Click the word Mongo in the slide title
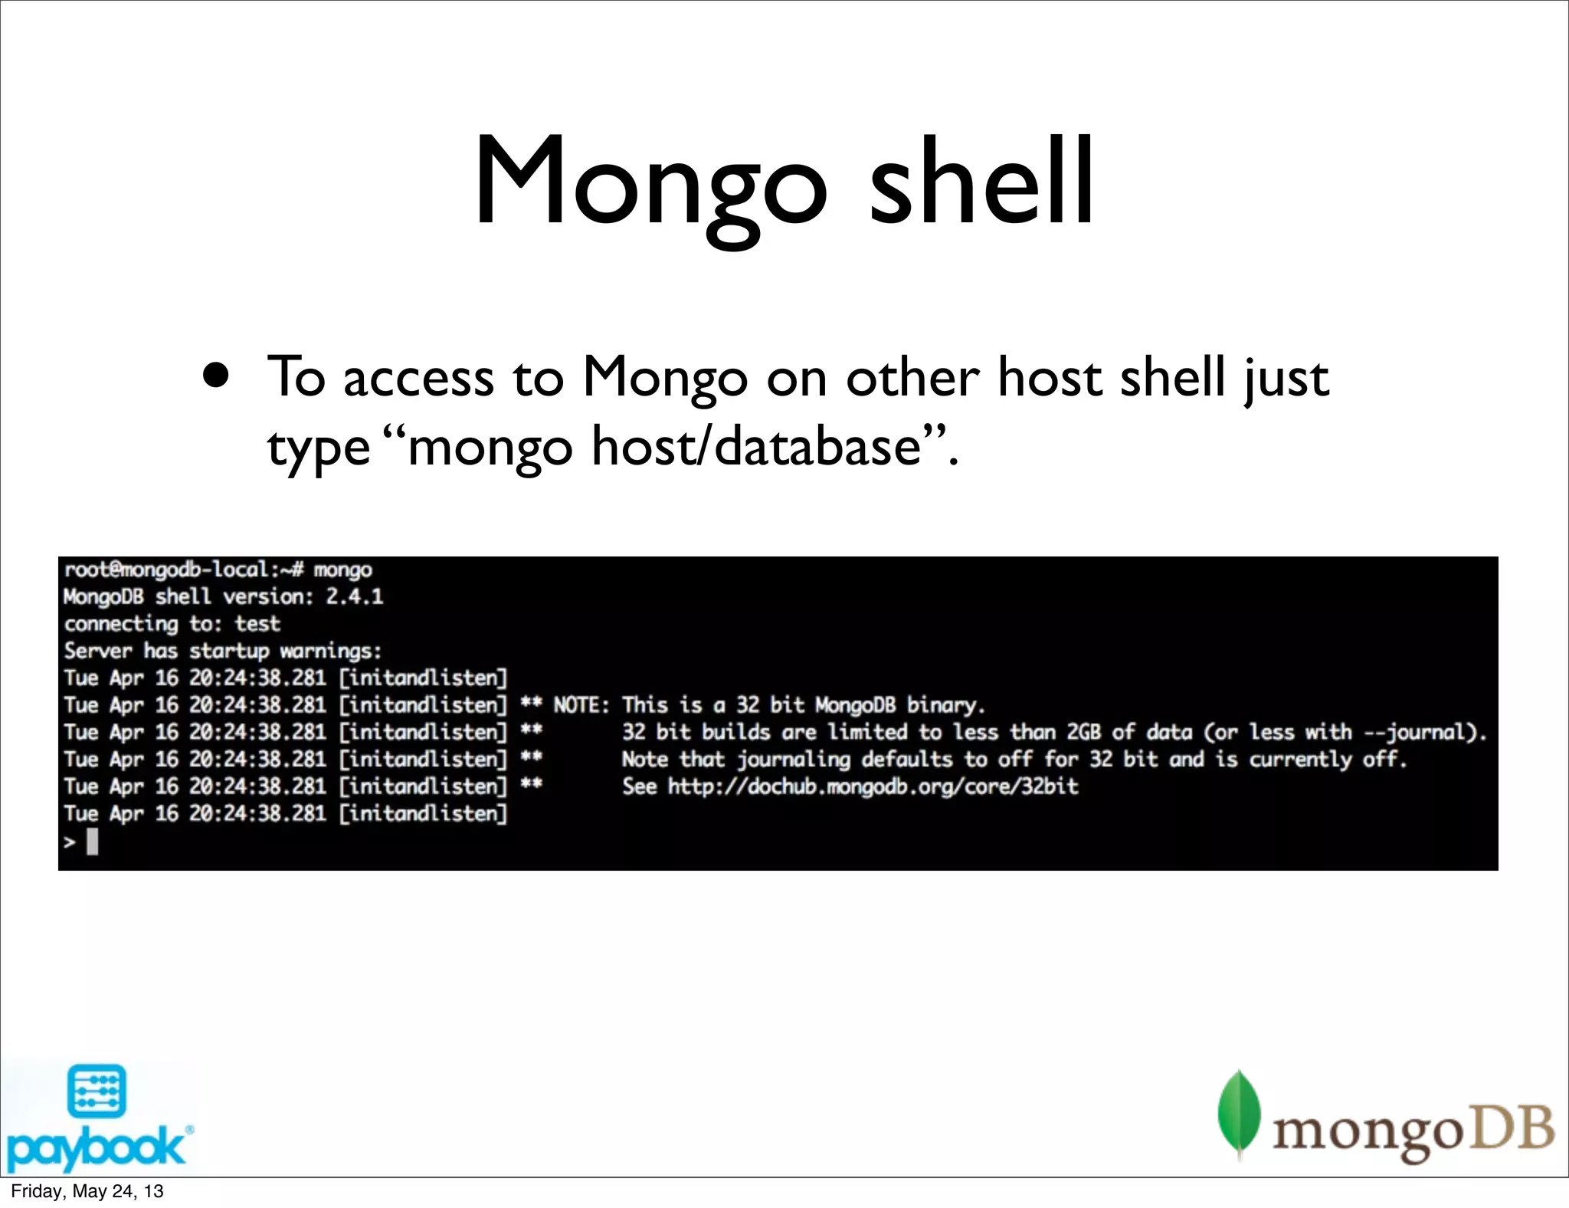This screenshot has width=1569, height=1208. pyautogui.click(x=650, y=184)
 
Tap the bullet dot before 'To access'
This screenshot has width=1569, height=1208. pyautogui.click(x=217, y=376)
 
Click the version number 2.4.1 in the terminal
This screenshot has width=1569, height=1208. pyautogui.click(x=354, y=596)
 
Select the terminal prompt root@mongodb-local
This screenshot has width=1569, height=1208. pyautogui.click(x=165, y=570)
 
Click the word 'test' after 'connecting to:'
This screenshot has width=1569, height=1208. pyautogui.click(x=257, y=624)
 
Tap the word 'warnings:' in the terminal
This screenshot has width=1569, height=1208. pyautogui.click(x=330, y=652)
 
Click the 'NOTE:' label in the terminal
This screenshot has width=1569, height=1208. pyautogui.click(x=581, y=705)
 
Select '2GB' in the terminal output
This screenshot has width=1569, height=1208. pyautogui.click(x=1083, y=732)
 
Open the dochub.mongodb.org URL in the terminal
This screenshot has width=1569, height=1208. pyautogui.click(x=873, y=786)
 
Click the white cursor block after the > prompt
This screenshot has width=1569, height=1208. pyautogui.click(x=93, y=842)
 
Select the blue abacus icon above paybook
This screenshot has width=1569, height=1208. pyautogui.click(x=97, y=1090)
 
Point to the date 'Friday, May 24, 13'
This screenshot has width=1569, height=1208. pyautogui.click(x=87, y=1191)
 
